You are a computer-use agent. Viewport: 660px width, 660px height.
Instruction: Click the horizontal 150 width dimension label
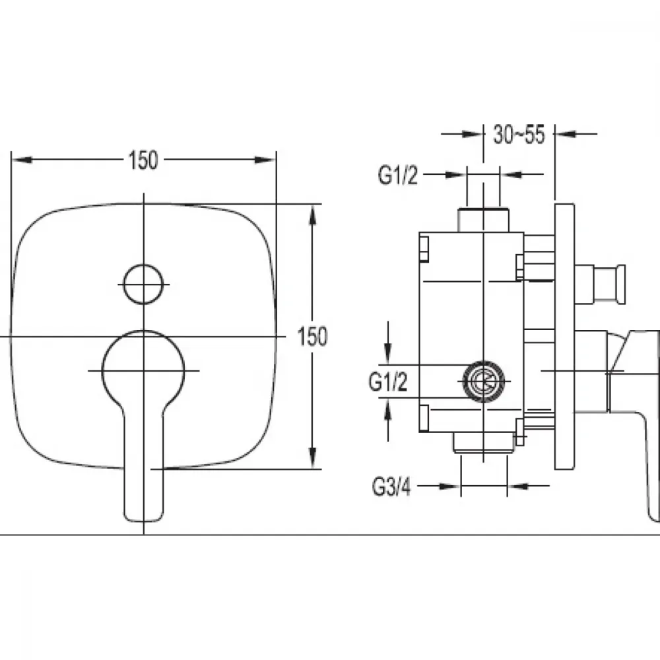click(x=143, y=160)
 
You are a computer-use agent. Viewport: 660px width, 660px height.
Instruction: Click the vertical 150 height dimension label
click(x=312, y=337)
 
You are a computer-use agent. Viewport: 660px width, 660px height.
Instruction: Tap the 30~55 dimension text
click(x=519, y=135)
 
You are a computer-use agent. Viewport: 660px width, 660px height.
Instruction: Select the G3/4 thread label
click(x=391, y=487)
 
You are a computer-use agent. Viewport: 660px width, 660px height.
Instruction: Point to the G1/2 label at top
click(x=398, y=175)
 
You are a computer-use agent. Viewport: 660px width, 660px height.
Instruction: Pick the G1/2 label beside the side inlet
click(x=388, y=381)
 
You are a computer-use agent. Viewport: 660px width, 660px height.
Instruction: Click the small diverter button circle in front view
click(x=143, y=284)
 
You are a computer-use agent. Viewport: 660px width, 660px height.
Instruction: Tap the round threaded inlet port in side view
click(x=484, y=381)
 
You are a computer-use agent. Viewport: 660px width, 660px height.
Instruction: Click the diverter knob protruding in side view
click(x=600, y=284)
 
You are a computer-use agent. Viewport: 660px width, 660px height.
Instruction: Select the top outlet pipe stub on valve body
click(x=483, y=219)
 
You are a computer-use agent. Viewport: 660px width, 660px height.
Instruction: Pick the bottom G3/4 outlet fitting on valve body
click(x=484, y=443)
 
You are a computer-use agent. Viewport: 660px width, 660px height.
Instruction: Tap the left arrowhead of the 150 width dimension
click(x=21, y=160)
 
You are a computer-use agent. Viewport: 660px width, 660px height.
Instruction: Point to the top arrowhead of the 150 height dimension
click(x=312, y=214)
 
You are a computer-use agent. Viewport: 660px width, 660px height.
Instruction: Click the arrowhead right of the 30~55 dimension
click(x=566, y=134)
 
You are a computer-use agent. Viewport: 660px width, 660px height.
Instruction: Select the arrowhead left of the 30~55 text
click(x=473, y=134)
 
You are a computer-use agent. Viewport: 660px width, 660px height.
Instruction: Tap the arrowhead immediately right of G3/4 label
click(x=449, y=486)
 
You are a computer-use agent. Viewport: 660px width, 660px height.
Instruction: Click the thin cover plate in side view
click(x=565, y=337)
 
